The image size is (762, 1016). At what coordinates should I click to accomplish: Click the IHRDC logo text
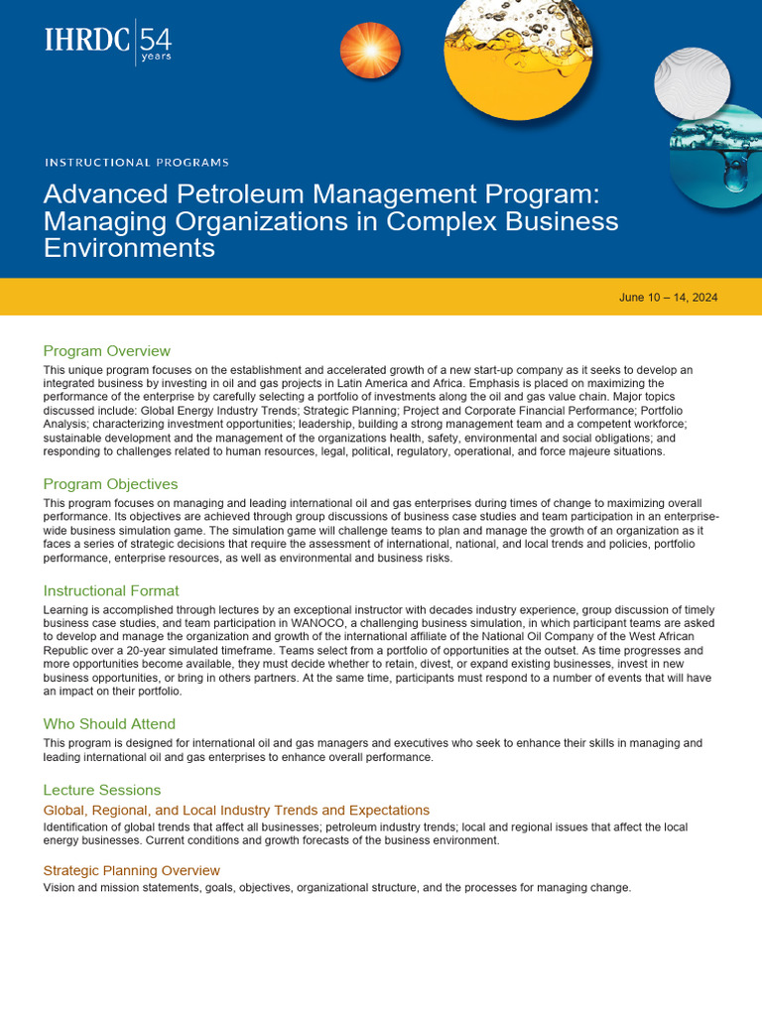pos(87,41)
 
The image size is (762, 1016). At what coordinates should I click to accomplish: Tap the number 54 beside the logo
pos(156,40)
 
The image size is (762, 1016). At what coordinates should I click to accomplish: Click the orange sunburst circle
pos(370,52)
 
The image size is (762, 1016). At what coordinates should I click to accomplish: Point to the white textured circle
pos(693,82)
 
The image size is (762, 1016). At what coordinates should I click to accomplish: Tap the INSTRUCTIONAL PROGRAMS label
pos(137,162)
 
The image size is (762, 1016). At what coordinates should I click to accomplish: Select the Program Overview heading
pos(107,350)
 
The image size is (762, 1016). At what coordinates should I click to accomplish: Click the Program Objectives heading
pos(111,484)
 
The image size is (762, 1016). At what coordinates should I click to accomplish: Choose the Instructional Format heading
pos(111,590)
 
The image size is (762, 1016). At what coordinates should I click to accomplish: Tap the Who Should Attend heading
pos(109,724)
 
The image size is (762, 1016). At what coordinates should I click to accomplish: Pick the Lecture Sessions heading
pos(102,790)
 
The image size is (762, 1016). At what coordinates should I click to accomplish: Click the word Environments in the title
pos(129,247)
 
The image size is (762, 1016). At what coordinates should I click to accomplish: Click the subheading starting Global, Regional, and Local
pos(236,811)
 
